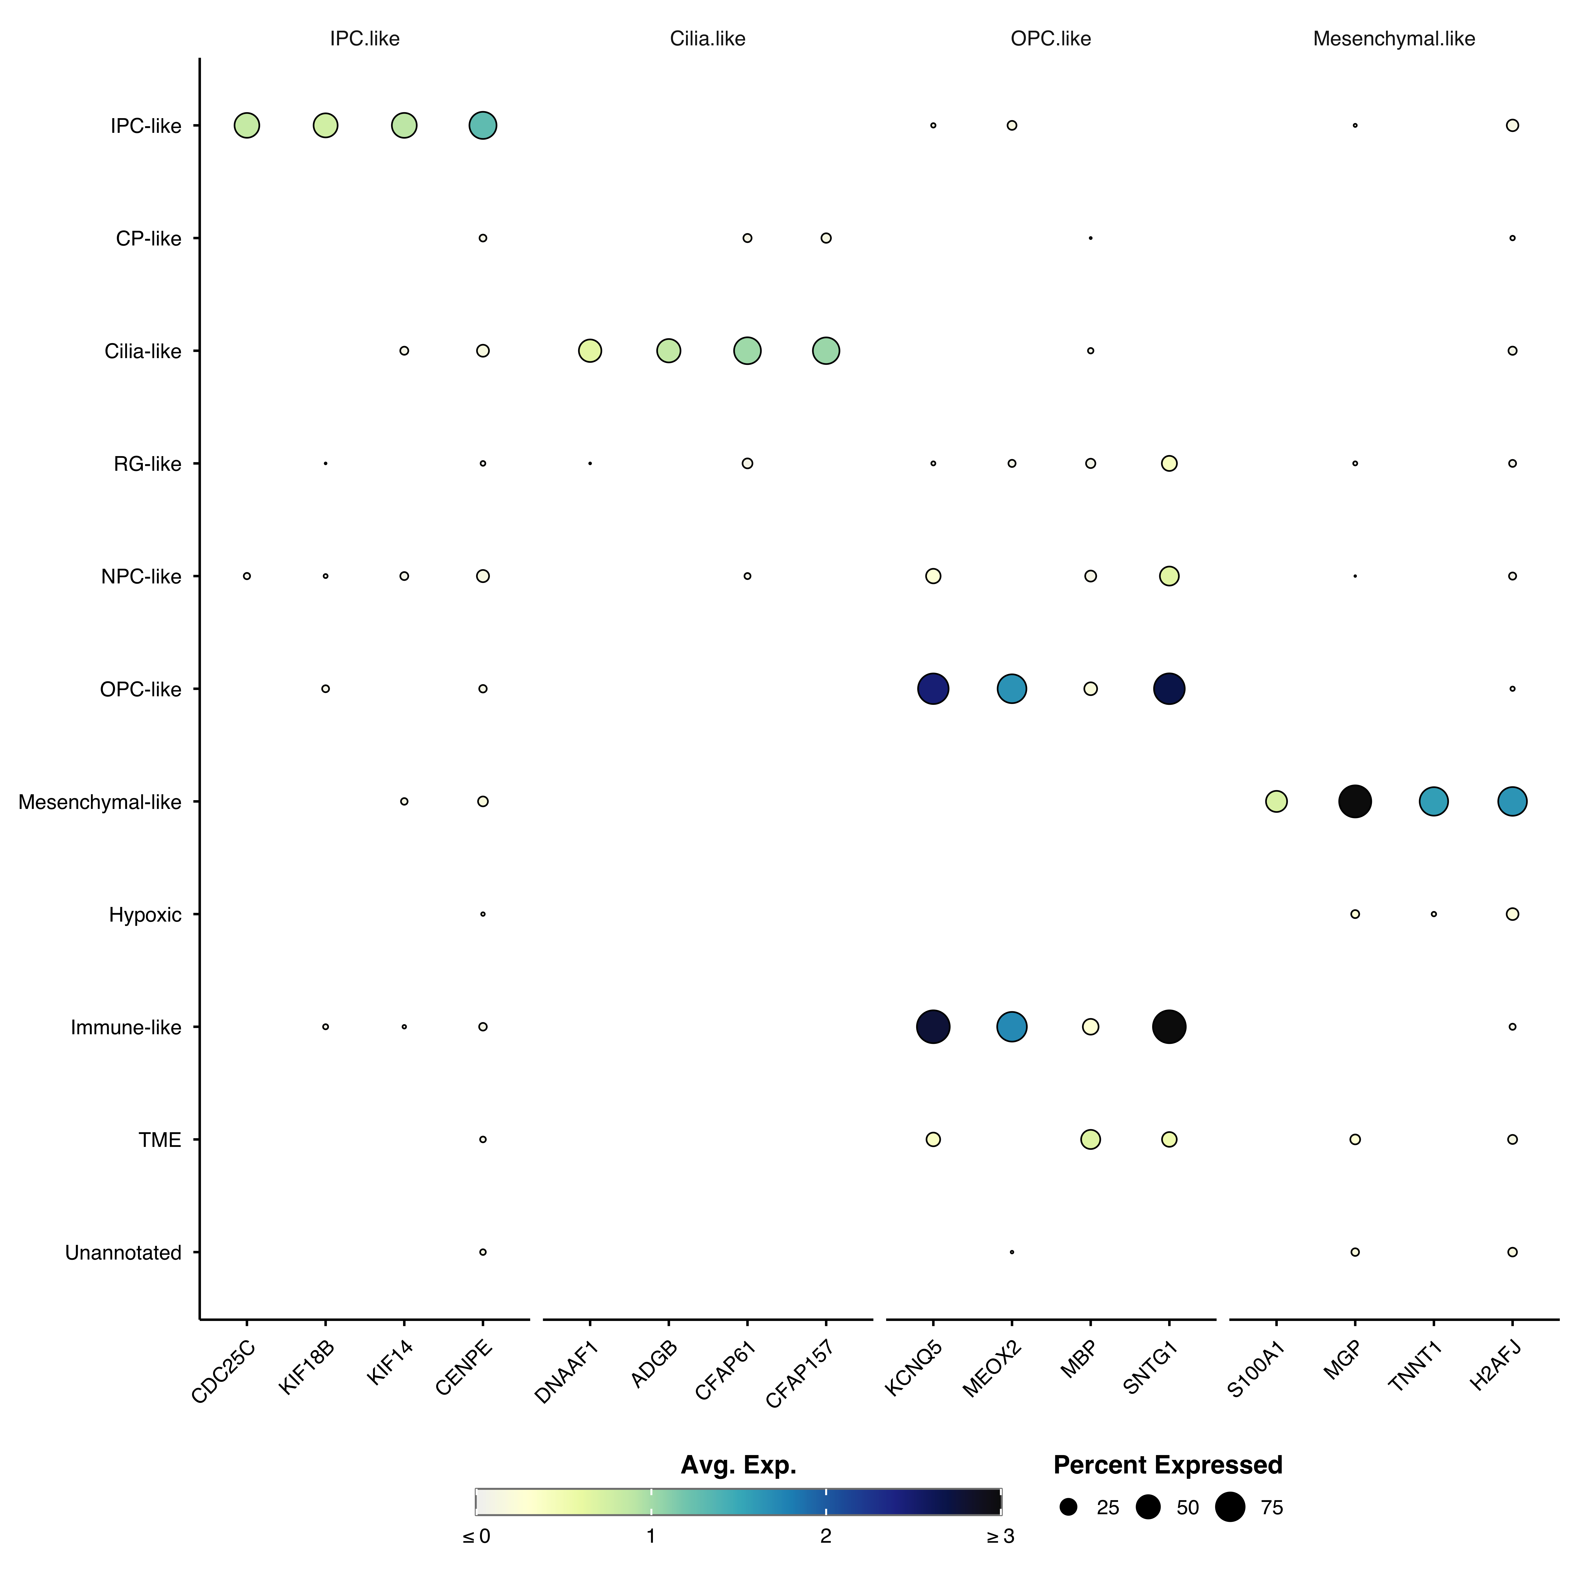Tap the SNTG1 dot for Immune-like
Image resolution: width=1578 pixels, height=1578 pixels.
[1169, 1027]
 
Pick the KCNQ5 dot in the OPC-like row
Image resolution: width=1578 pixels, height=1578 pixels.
[933, 689]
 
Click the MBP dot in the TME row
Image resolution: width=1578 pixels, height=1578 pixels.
[1090, 1139]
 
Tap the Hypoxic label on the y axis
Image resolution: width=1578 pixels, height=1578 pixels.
[145, 915]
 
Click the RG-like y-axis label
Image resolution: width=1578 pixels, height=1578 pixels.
[148, 464]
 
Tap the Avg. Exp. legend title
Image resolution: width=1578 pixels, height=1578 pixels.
[738, 1465]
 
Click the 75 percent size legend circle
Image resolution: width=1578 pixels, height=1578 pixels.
[1230, 1507]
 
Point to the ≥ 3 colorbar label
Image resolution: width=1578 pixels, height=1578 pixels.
[1000, 1536]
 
